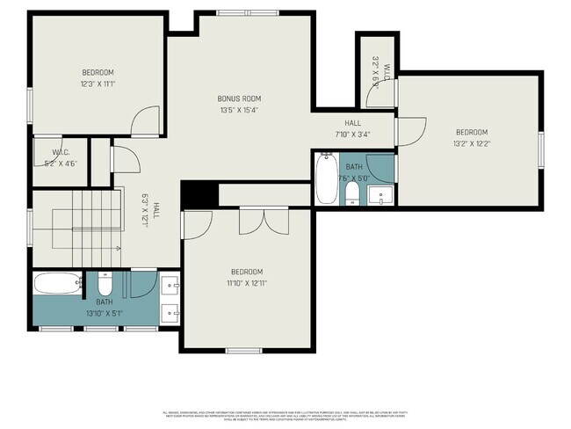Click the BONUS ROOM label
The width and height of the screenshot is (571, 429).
pyautogui.click(x=240, y=98)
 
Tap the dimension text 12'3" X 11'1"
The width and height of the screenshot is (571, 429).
pyautogui.click(x=98, y=84)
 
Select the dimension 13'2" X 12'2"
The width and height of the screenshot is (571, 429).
pyautogui.click(x=472, y=143)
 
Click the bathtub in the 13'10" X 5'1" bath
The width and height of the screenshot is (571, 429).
pyautogui.click(x=58, y=284)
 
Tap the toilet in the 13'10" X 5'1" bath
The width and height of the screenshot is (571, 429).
pyautogui.click(x=105, y=286)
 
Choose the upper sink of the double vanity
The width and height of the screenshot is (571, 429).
pyautogui.click(x=170, y=284)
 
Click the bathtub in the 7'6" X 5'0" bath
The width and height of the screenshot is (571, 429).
pyautogui.click(x=327, y=179)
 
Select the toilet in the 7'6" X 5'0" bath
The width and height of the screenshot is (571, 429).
pyautogui.click(x=351, y=193)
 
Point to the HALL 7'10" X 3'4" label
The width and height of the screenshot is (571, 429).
pyautogui.click(x=352, y=129)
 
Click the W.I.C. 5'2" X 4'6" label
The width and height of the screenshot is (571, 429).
pyautogui.click(x=61, y=156)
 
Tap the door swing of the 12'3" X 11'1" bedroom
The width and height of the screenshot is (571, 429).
pyautogui.click(x=143, y=122)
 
